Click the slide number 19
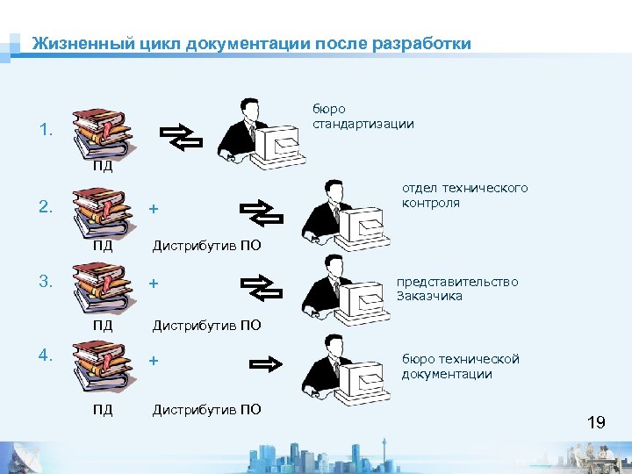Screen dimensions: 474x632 [596, 423]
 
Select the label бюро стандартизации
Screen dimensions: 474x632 [363, 116]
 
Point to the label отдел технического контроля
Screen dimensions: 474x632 [464, 195]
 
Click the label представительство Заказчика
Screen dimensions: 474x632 [456, 288]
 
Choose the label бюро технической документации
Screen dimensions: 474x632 [460, 366]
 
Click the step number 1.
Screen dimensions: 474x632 [46, 132]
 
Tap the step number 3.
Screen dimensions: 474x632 [46, 282]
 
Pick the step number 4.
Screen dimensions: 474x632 [46, 355]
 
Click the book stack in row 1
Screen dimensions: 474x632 [102, 132]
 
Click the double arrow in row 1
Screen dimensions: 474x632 [181, 136]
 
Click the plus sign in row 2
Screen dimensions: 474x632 [154, 210]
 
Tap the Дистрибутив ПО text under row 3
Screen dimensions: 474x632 [206, 326]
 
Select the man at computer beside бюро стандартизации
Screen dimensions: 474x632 [260, 132]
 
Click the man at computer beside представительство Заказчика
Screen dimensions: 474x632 [342, 290]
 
